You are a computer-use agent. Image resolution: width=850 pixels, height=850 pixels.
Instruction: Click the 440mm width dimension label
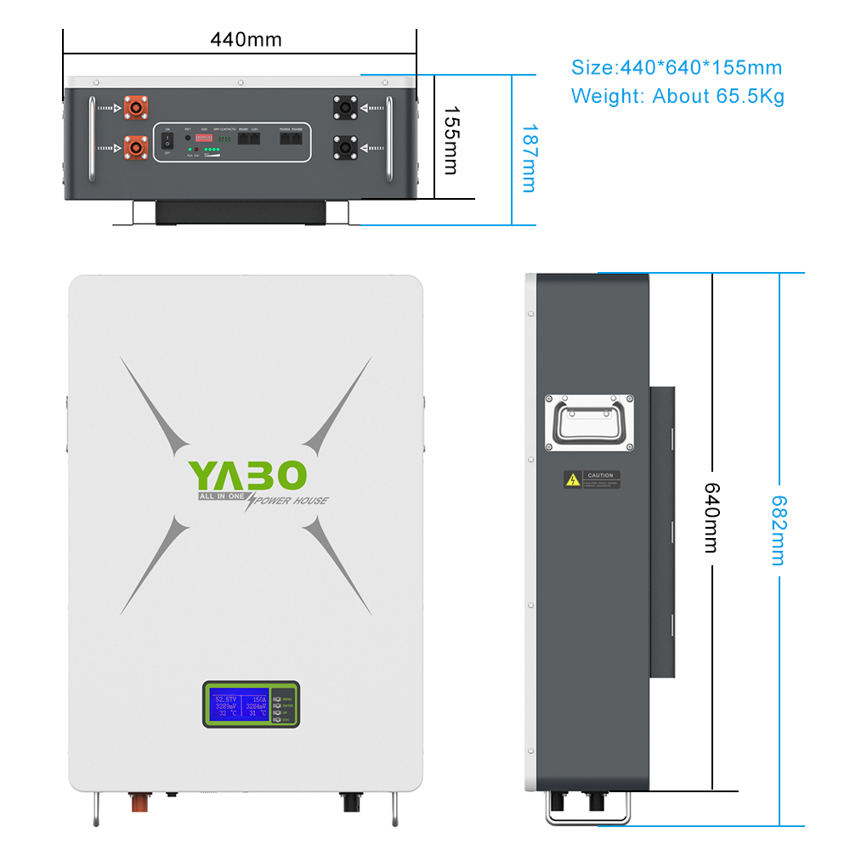point(246,39)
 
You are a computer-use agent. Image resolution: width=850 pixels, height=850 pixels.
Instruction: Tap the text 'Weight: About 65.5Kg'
point(677,95)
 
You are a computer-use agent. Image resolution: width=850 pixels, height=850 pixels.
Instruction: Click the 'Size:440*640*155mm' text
point(676,68)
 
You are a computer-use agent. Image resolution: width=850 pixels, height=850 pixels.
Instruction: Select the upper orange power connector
point(134,108)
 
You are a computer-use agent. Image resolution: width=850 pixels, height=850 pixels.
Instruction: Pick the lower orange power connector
point(134,147)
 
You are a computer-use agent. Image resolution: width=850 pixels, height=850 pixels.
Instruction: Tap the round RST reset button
point(187,137)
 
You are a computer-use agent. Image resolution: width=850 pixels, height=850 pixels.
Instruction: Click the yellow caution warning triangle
point(573,480)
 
